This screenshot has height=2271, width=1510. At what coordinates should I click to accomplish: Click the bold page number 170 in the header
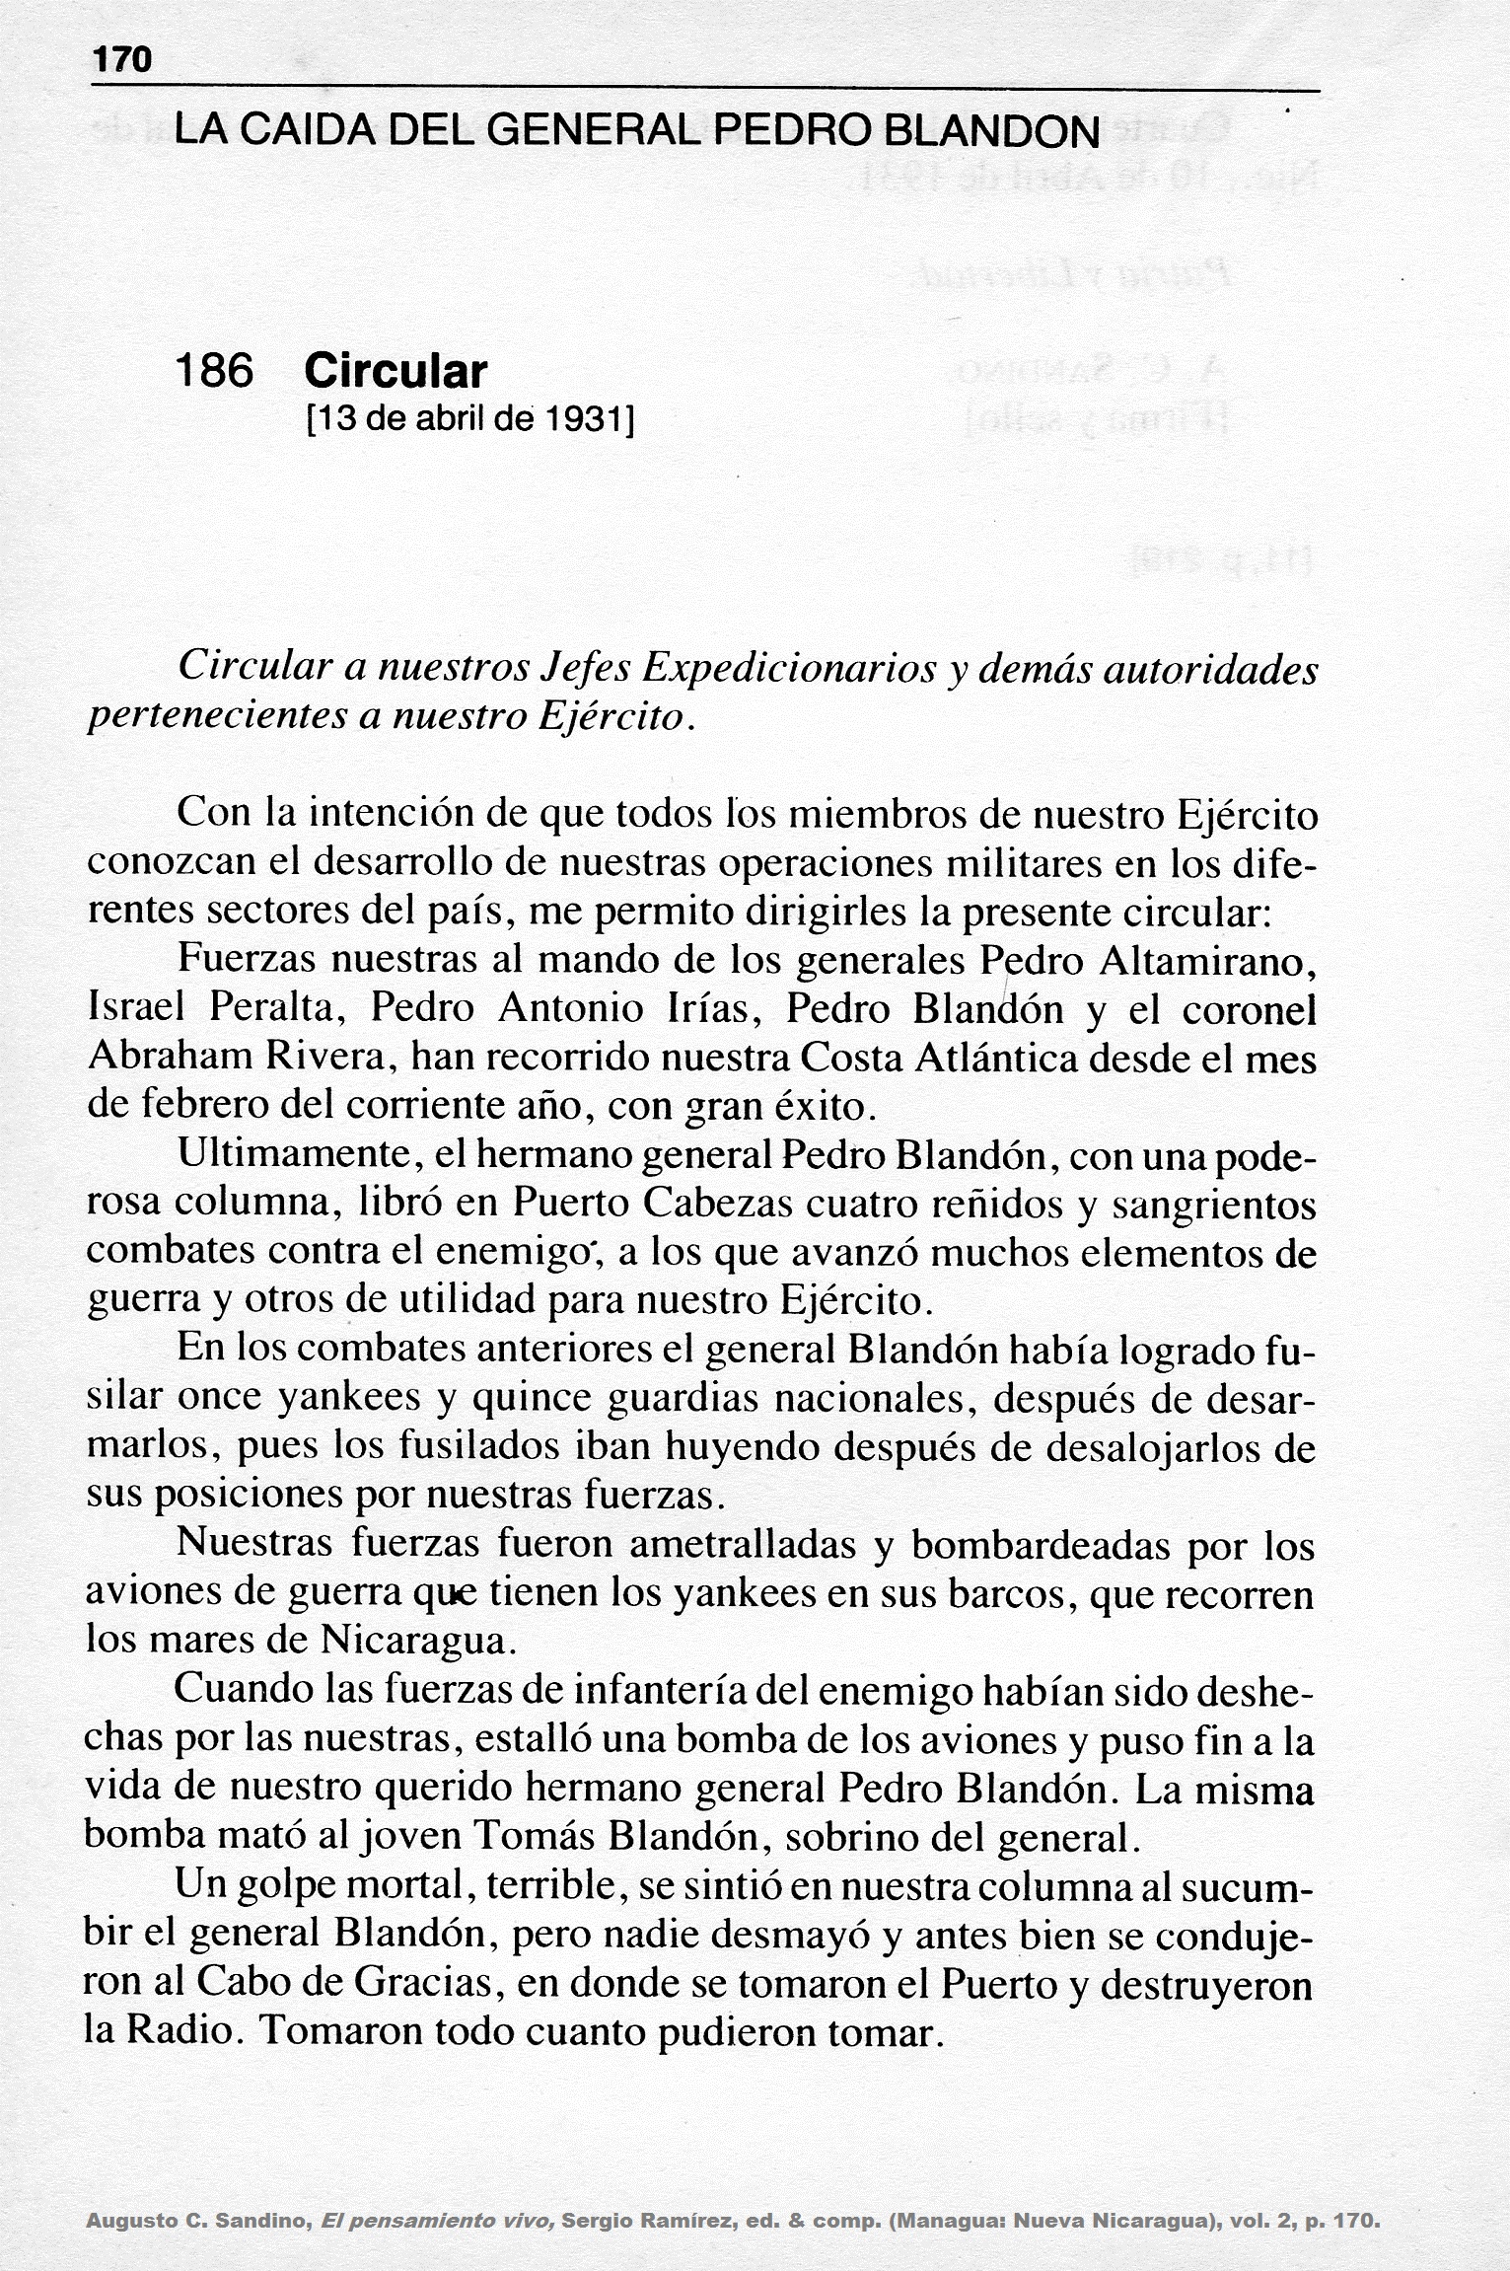122,61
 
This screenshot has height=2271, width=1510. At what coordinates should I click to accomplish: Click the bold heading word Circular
395,371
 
